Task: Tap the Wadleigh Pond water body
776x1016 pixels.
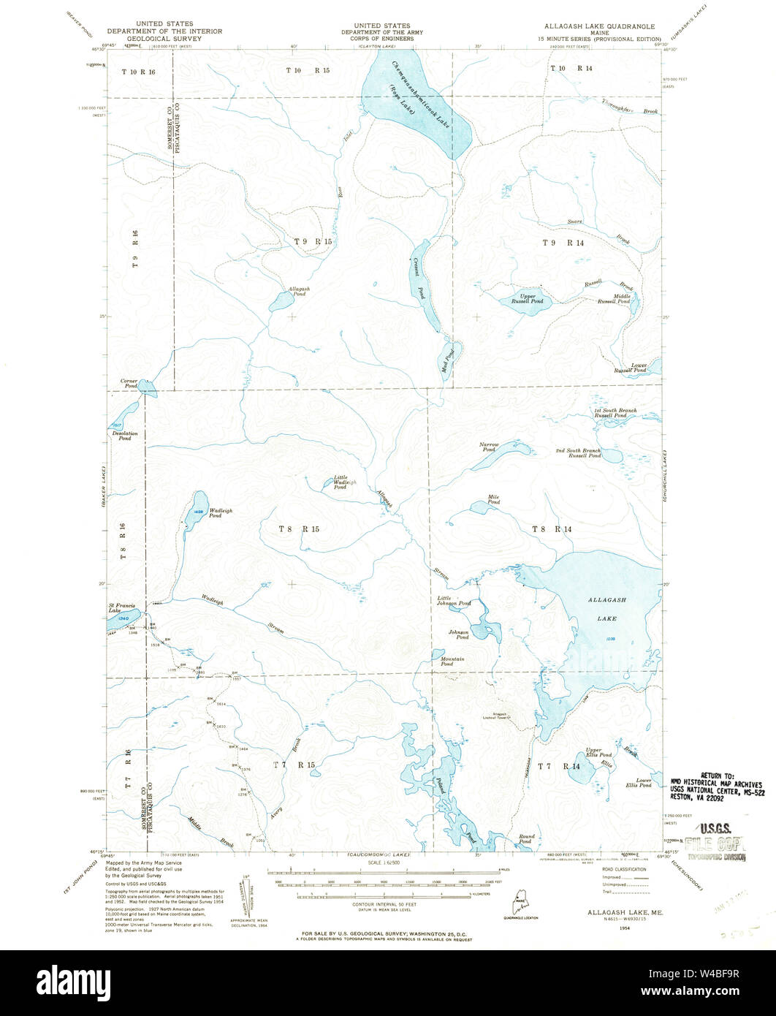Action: coord(194,510)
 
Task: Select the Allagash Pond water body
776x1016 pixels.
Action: coord(280,301)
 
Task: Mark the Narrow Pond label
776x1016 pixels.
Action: coord(488,447)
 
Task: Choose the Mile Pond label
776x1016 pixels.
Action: coord(494,500)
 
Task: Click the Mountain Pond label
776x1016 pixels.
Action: coord(452,662)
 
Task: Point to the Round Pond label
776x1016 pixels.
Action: coord(526,839)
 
